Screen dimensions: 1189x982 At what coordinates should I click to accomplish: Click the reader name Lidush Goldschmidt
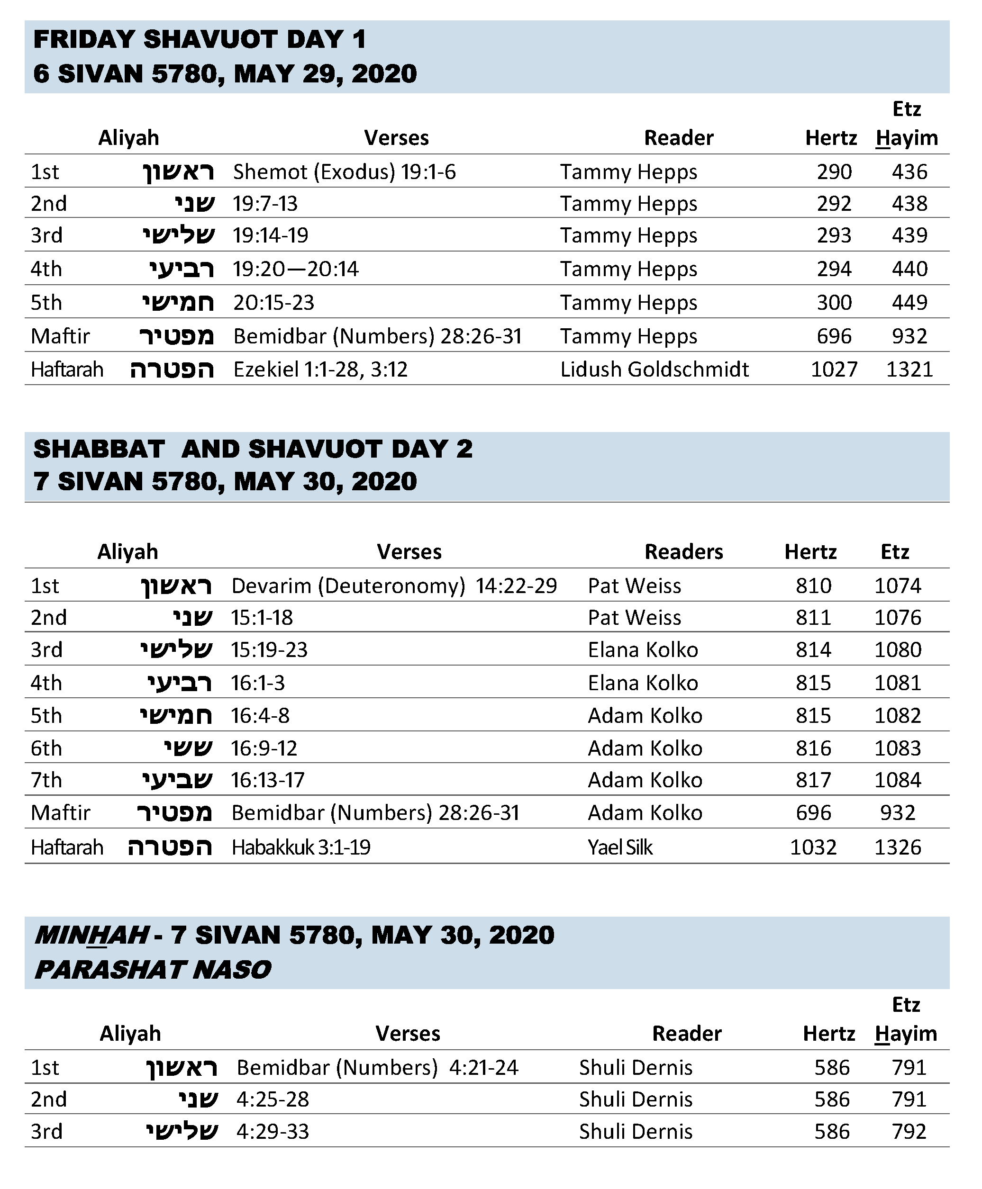tap(654, 369)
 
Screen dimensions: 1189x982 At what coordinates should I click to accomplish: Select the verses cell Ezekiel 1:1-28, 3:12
tap(320, 369)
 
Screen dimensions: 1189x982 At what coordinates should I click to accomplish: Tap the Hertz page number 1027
tap(834, 369)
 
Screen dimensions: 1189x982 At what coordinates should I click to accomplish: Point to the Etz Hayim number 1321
tap(909, 369)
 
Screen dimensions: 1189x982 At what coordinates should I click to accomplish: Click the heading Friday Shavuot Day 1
tap(200, 40)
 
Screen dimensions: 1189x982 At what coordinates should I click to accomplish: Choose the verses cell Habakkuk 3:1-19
tap(300, 847)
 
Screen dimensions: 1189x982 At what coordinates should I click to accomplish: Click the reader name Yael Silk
tap(620, 847)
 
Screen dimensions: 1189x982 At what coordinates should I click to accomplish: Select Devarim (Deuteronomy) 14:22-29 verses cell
tap(394, 586)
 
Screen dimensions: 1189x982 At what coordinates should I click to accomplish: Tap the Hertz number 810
tap(813, 586)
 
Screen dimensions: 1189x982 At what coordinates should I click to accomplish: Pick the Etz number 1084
tap(898, 780)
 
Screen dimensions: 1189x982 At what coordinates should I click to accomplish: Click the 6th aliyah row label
tap(46, 748)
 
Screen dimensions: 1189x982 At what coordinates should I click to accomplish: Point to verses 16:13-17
tap(268, 780)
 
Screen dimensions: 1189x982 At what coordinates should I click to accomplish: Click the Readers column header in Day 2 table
tap(683, 552)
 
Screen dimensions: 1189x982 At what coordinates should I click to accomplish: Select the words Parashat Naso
tap(153, 970)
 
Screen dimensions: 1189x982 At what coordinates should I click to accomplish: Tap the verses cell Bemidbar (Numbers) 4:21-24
tap(377, 1067)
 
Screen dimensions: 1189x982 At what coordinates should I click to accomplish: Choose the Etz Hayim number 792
tap(909, 1131)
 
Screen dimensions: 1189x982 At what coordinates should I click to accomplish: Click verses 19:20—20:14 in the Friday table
tap(295, 269)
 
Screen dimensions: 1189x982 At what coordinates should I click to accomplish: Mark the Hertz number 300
tap(834, 303)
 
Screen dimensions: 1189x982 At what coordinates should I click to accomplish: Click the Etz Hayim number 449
tap(909, 303)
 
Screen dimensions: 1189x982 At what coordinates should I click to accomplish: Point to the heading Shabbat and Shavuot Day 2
tap(253, 449)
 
